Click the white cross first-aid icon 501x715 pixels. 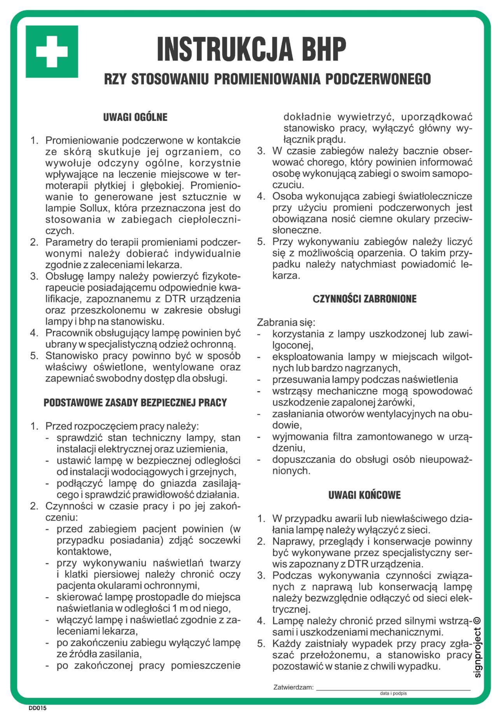(52, 52)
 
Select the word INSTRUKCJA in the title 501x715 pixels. (225, 49)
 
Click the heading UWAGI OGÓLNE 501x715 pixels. (135, 117)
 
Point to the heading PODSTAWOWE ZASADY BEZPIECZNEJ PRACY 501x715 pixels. (135, 403)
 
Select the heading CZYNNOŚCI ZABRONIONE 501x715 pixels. (364, 299)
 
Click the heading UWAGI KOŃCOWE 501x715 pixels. (364, 495)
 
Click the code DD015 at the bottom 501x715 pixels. (37, 708)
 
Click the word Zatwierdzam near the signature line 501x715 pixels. (293, 687)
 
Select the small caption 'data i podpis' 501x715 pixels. (393, 693)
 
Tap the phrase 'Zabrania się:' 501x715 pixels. (286, 323)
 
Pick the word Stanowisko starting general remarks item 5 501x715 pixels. (74, 356)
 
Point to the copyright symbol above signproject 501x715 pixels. (477, 621)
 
